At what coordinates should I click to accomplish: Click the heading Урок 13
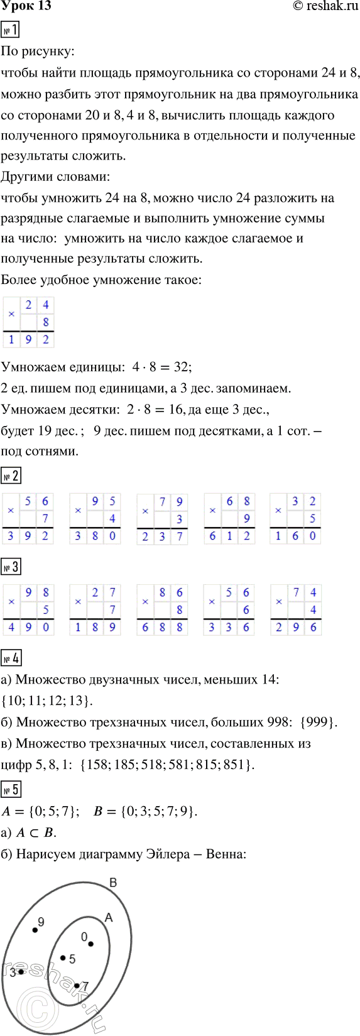point(26,6)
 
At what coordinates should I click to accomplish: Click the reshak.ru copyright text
point(317,6)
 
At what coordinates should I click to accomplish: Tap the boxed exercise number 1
point(11,30)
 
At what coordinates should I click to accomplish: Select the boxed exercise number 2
point(11,476)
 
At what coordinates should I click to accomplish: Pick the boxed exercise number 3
point(11,567)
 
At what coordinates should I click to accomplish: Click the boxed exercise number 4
point(11,658)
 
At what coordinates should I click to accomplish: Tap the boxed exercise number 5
point(11,789)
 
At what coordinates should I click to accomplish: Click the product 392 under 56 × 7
point(28,536)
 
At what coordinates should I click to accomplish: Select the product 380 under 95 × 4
point(95,536)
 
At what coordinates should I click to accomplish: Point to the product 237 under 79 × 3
point(162,536)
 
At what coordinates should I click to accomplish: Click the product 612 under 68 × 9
point(229,536)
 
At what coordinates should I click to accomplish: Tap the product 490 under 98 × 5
point(28,627)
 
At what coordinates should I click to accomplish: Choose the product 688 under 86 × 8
point(162,627)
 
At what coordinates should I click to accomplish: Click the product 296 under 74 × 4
point(296,627)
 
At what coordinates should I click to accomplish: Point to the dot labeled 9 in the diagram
point(35,930)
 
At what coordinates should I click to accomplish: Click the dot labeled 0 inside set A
point(90,944)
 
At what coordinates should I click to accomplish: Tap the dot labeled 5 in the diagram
point(63,957)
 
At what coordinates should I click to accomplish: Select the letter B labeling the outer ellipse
point(113,883)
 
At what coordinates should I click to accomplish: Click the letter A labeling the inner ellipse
point(109,919)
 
